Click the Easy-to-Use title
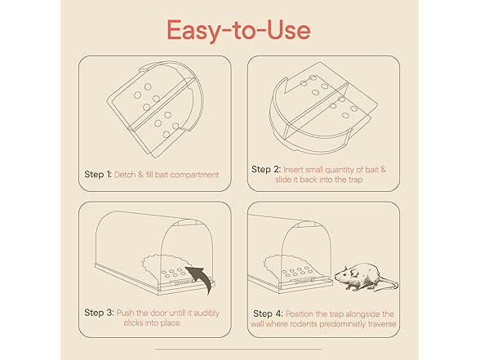(x=238, y=29)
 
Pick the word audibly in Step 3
(x=204, y=313)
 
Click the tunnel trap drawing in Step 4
(x=294, y=253)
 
